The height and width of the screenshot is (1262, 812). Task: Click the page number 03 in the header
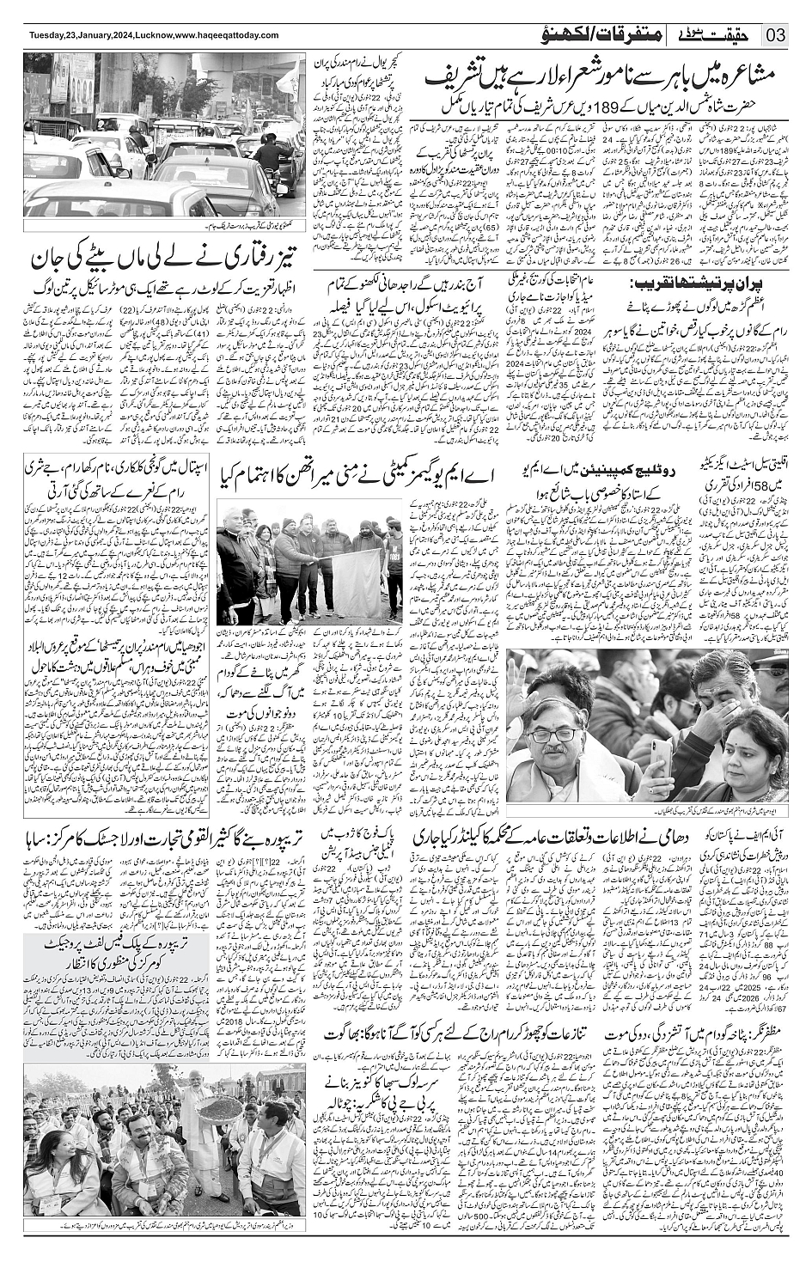coord(776,35)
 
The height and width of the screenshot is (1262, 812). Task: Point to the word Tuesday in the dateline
coord(49,34)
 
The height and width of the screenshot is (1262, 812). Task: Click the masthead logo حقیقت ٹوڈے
coord(720,34)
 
